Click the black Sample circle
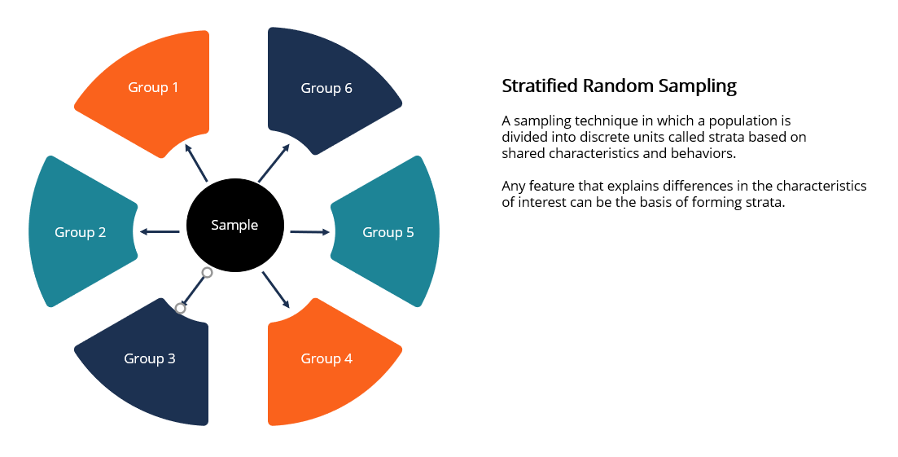pyautogui.click(x=234, y=226)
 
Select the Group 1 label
pyautogui.click(x=153, y=87)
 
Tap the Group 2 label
pyautogui.click(x=80, y=232)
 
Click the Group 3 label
pyautogui.click(x=149, y=358)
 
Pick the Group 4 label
pyautogui.click(x=326, y=358)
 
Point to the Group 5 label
pyautogui.click(x=388, y=232)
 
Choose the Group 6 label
pyautogui.click(x=326, y=88)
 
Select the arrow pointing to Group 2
pyautogui.click(x=160, y=232)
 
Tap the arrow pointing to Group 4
pyautogui.click(x=276, y=290)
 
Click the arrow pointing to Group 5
pyautogui.click(x=311, y=232)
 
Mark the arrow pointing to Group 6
pyautogui.click(x=274, y=163)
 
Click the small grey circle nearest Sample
pyautogui.click(x=207, y=273)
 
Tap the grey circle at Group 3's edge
pyautogui.click(x=181, y=308)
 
